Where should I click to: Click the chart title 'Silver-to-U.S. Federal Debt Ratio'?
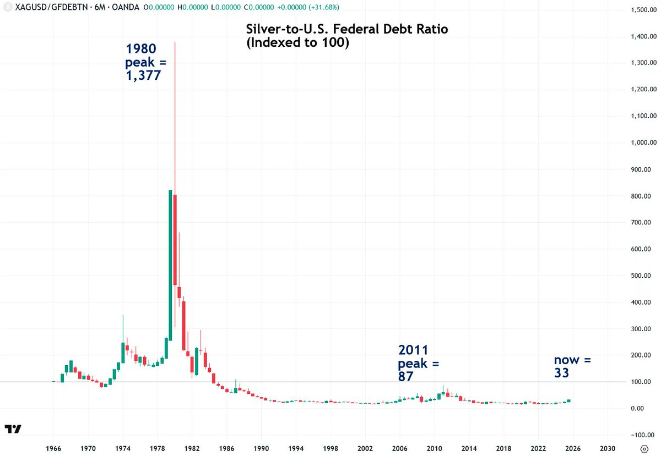347,30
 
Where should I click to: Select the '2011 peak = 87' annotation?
419,363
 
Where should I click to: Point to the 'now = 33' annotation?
572,367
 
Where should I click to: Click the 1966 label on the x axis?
53,449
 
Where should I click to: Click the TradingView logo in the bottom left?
13,429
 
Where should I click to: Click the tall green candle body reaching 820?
170,264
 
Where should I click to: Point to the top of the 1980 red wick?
175,43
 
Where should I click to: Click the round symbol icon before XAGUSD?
7,7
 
